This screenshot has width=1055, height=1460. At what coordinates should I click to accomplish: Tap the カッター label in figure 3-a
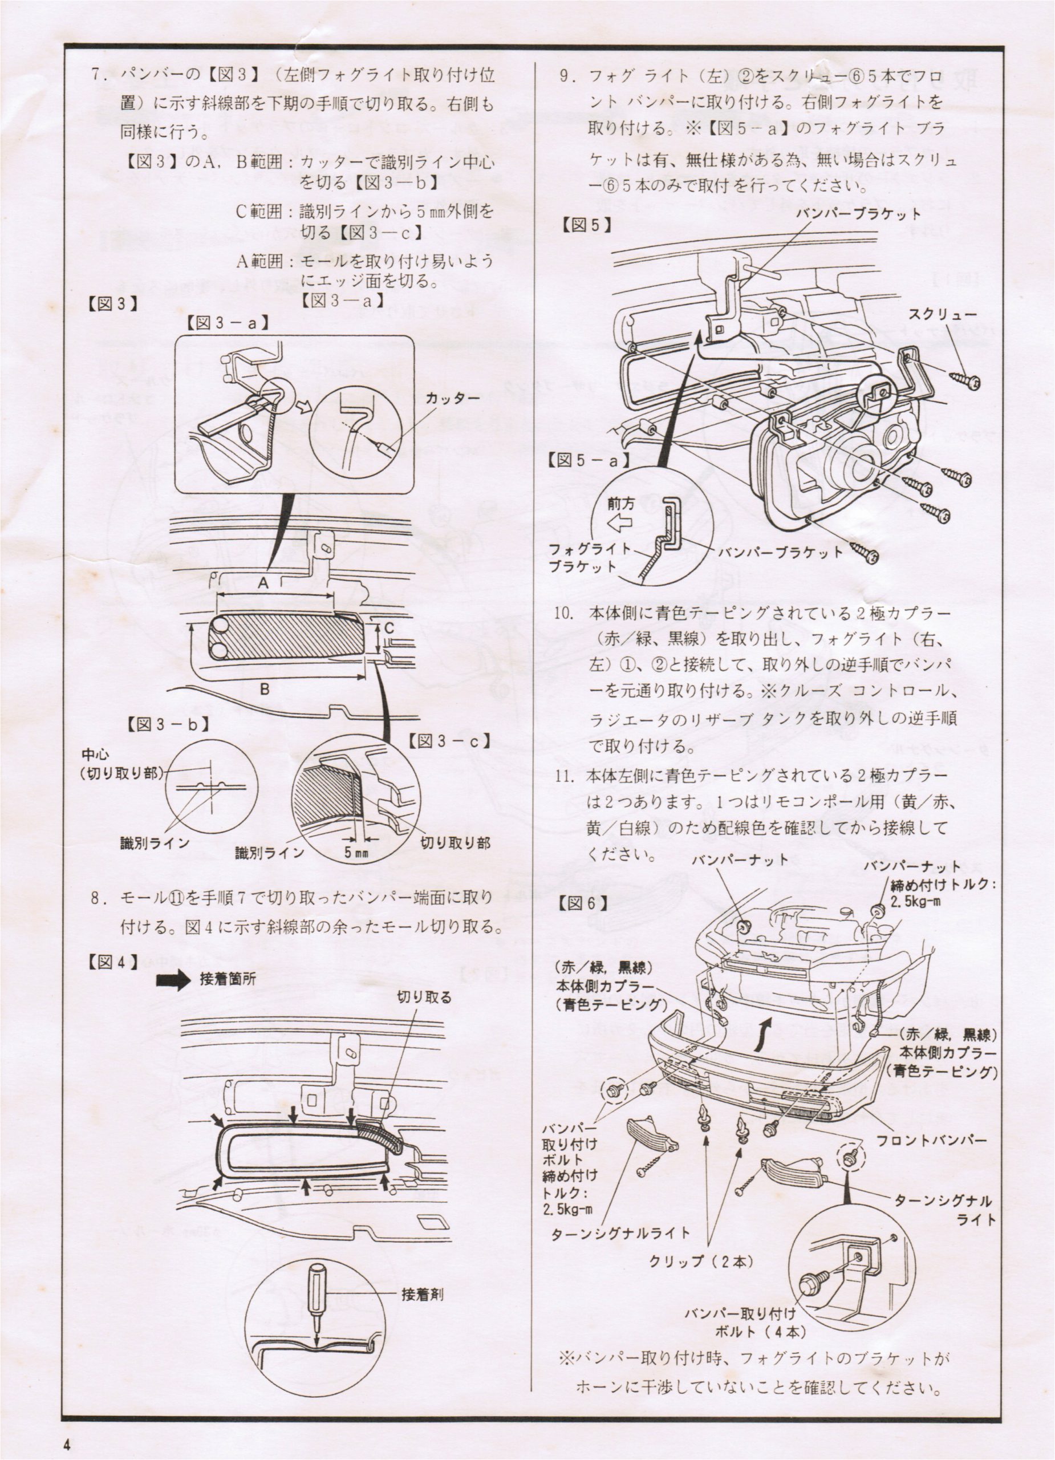453,399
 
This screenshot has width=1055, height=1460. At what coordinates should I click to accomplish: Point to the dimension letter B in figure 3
265,690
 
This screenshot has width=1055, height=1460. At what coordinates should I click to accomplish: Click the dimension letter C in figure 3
389,627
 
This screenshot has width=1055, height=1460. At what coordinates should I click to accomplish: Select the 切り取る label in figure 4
424,997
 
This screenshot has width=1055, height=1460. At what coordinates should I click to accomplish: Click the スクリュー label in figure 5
942,315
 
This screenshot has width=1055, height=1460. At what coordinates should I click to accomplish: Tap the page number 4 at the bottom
67,1442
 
